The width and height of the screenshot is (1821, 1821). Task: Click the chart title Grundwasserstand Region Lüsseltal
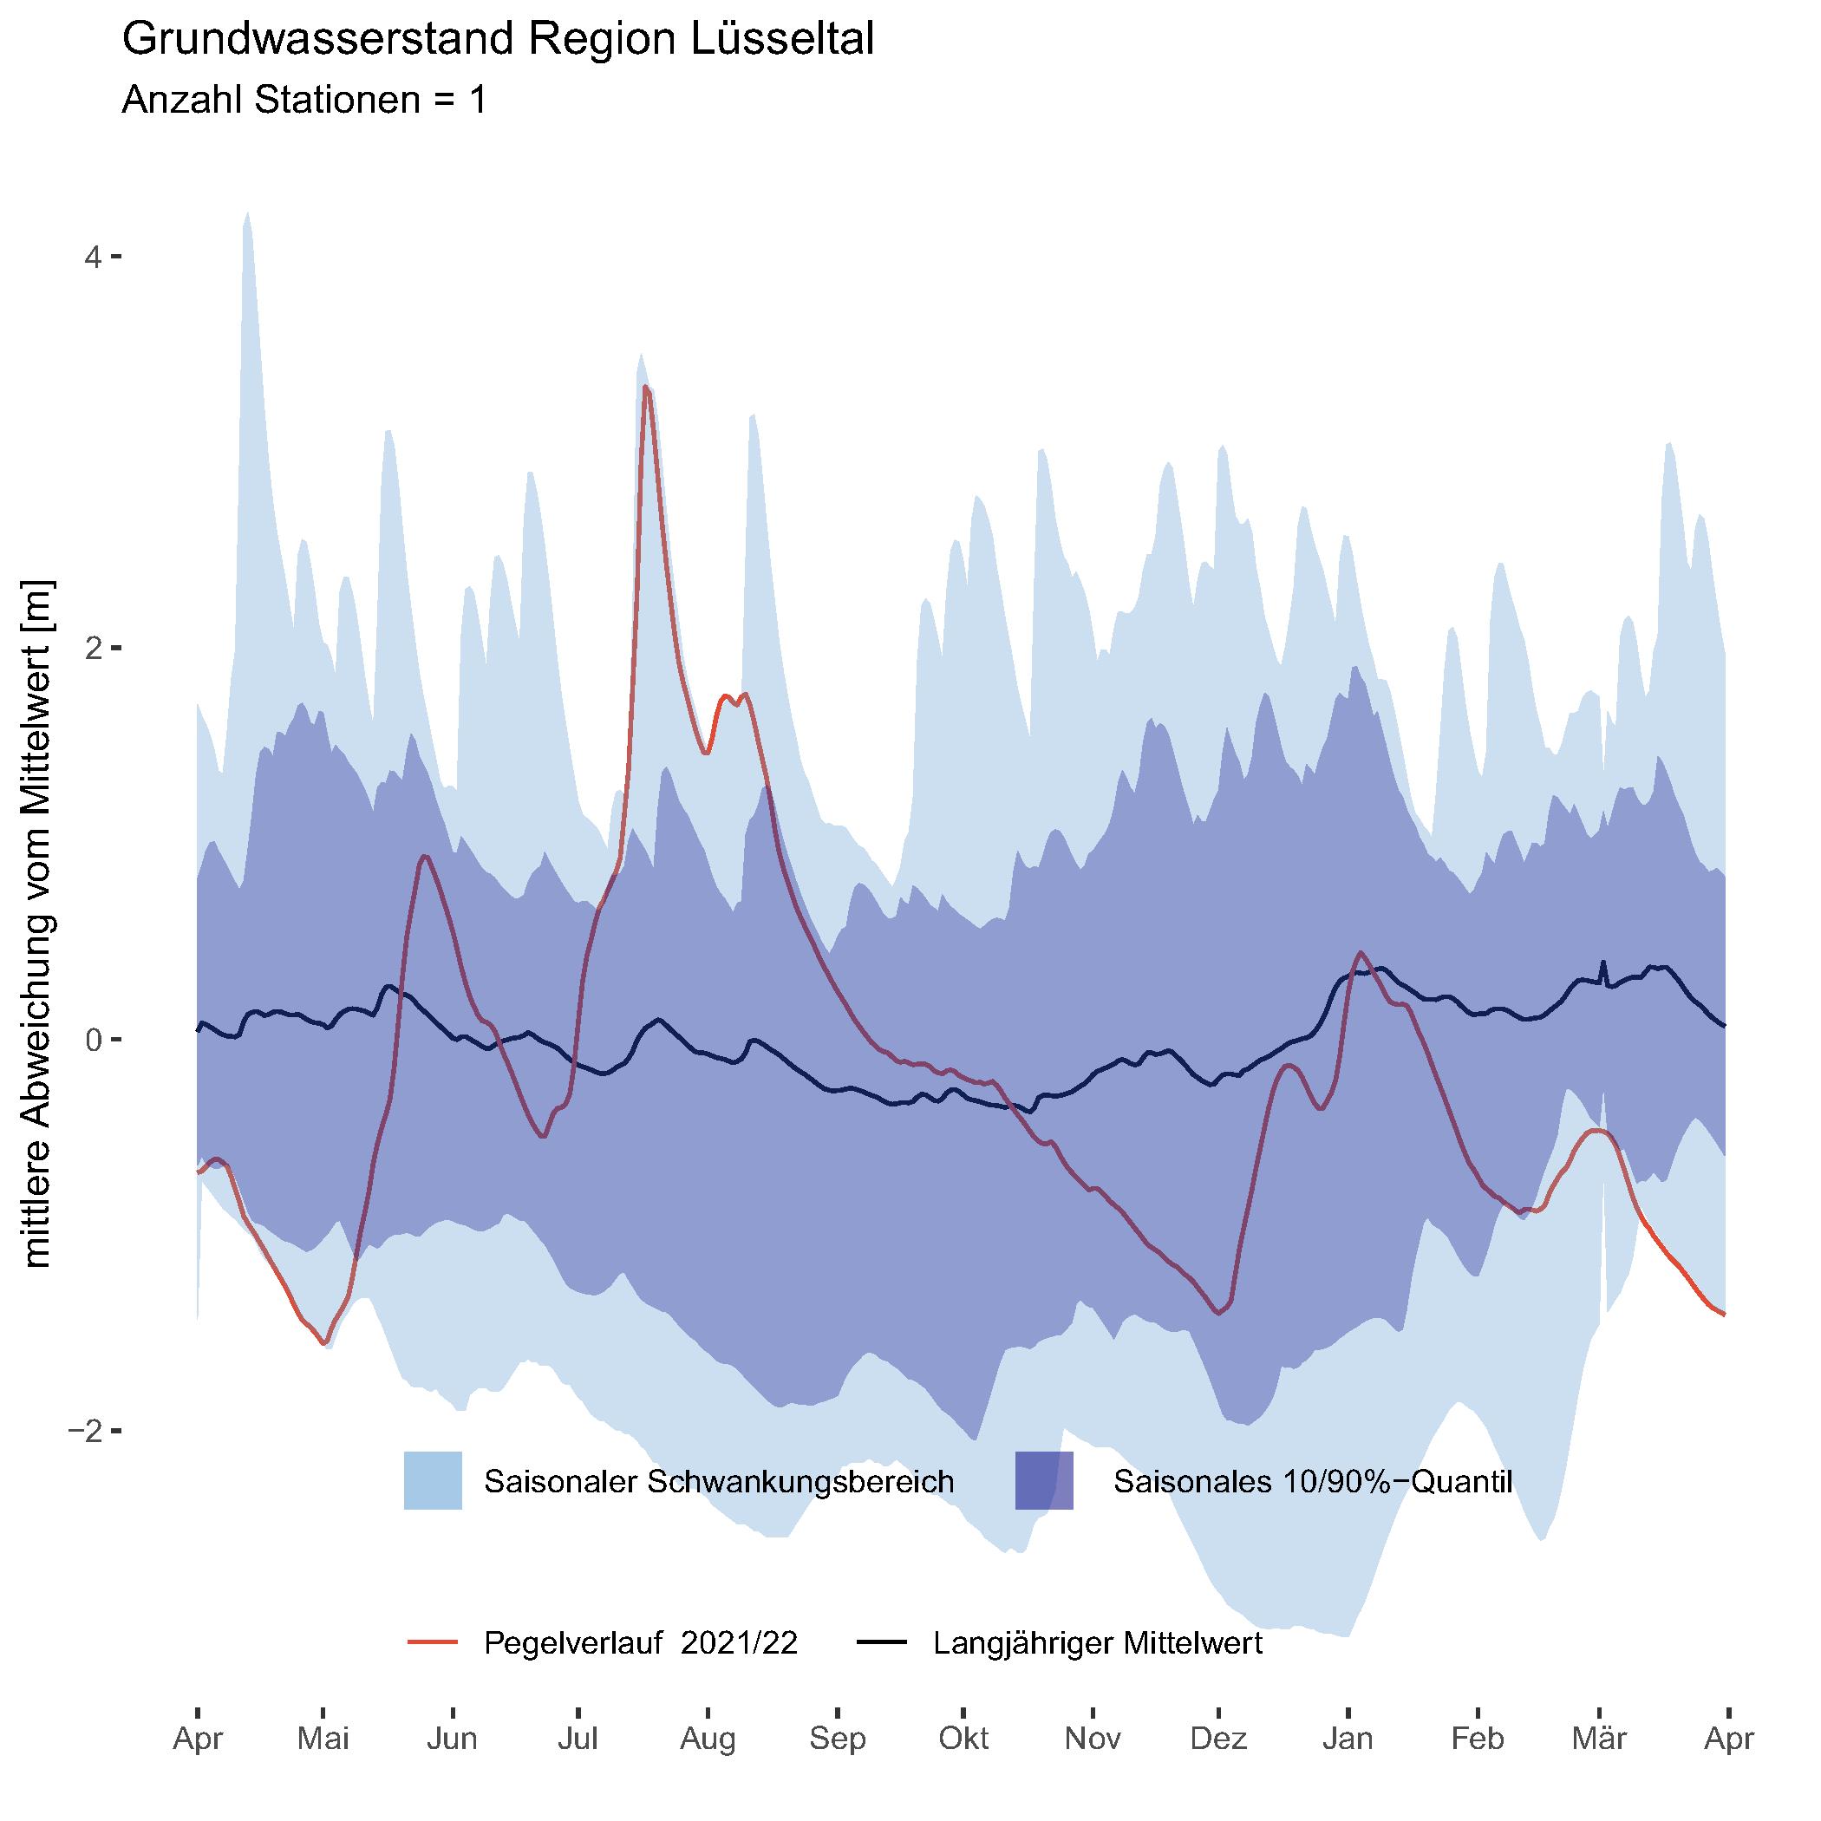click(498, 41)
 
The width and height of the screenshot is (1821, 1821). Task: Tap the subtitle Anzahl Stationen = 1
click(303, 99)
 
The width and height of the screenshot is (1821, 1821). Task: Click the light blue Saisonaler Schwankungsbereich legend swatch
click(433, 1481)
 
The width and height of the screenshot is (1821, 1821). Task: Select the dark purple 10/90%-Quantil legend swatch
click(1043, 1481)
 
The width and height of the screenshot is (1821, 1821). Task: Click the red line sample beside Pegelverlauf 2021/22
click(433, 1643)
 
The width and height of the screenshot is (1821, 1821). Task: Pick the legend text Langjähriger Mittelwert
click(1098, 1643)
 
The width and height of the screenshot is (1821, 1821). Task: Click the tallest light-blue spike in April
click(247, 215)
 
